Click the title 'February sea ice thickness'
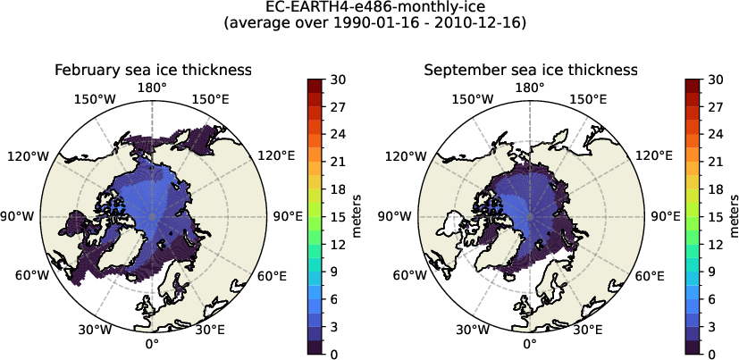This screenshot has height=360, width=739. [152, 70]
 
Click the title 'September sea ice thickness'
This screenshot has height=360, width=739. [530, 70]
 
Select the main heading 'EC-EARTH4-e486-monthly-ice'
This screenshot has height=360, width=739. [369, 8]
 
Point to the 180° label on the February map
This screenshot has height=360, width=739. [152, 88]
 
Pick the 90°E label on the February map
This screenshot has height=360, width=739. [288, 216]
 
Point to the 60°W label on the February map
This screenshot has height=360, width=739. [32, 275]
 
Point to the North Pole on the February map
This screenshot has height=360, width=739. [152, 216]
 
